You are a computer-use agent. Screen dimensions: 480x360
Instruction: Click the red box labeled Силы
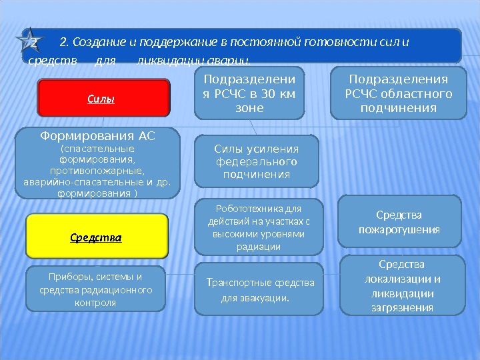103,98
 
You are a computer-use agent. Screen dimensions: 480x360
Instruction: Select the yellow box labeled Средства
97,236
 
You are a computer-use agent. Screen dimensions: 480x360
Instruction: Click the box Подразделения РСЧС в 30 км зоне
248,93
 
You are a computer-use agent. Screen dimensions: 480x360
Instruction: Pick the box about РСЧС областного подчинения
398,93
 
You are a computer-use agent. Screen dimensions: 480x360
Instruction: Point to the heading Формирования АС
97,136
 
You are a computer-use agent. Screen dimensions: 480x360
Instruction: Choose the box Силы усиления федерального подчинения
257,161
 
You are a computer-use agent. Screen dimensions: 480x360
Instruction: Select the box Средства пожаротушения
399,222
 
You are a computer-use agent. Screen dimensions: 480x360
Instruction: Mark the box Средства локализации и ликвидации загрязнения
401,285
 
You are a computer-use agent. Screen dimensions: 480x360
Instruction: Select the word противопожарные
97,171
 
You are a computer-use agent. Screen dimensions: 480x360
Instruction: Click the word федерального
257,161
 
